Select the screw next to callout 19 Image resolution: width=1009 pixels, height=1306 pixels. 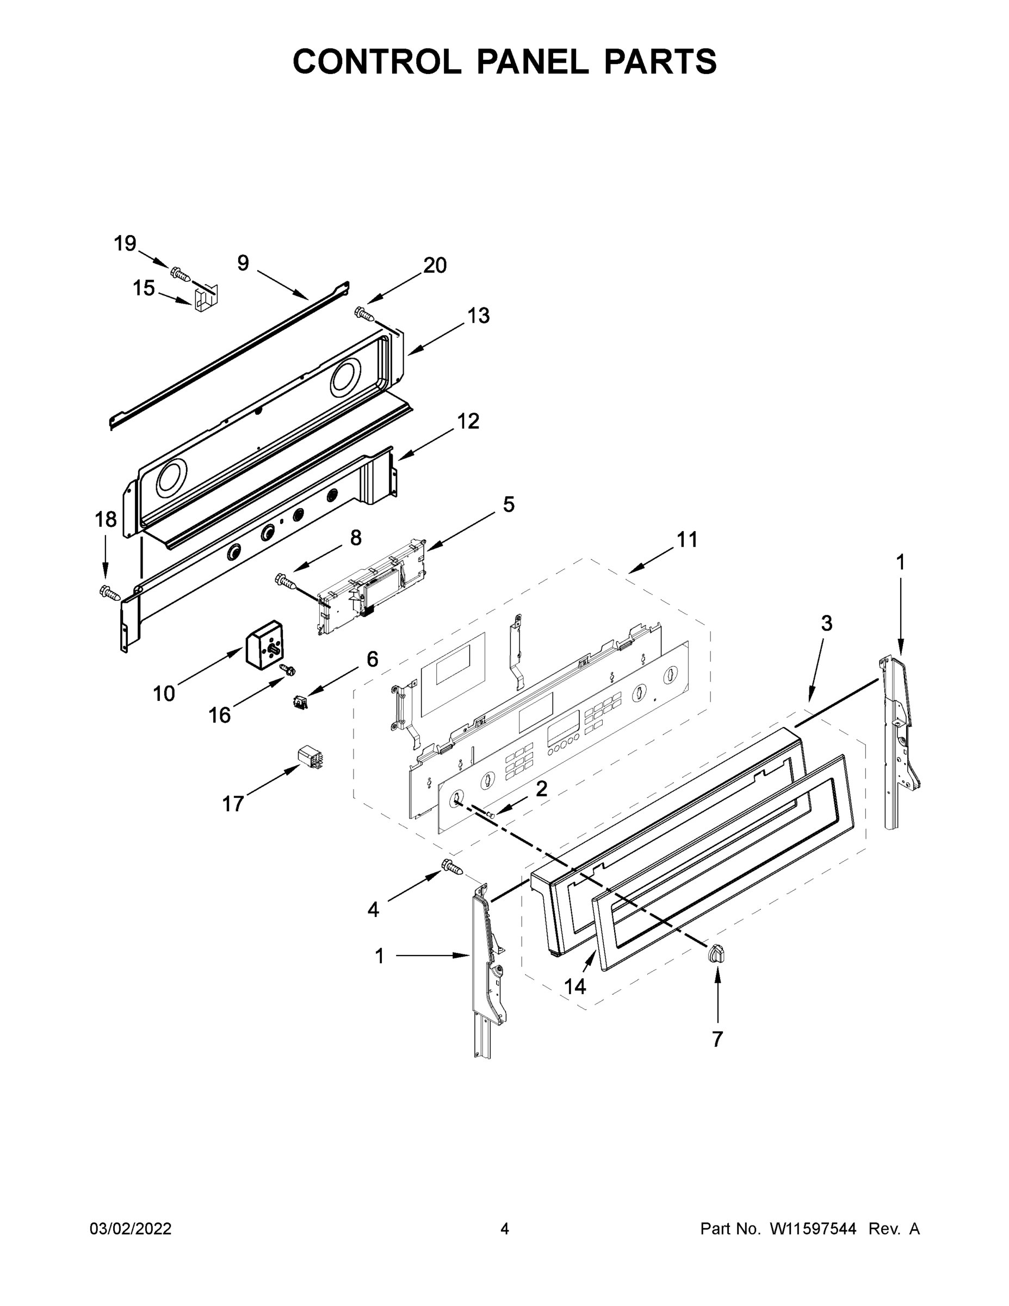(x=180, y=274)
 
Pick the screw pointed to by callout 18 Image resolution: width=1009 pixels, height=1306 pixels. (x=109, y=592)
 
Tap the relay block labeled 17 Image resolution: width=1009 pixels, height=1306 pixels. (x=309, y=756)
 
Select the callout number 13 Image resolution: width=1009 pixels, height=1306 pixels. (x=478, y=316)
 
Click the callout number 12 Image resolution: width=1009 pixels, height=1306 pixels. (x=468, y=422)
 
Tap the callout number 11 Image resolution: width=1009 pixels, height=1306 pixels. (x=687, y=540)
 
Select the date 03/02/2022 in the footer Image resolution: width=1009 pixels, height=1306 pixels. (x=131, y=1229)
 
